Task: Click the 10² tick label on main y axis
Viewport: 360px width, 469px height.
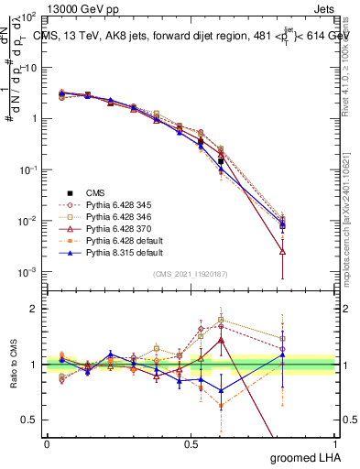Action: pos(27,16)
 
